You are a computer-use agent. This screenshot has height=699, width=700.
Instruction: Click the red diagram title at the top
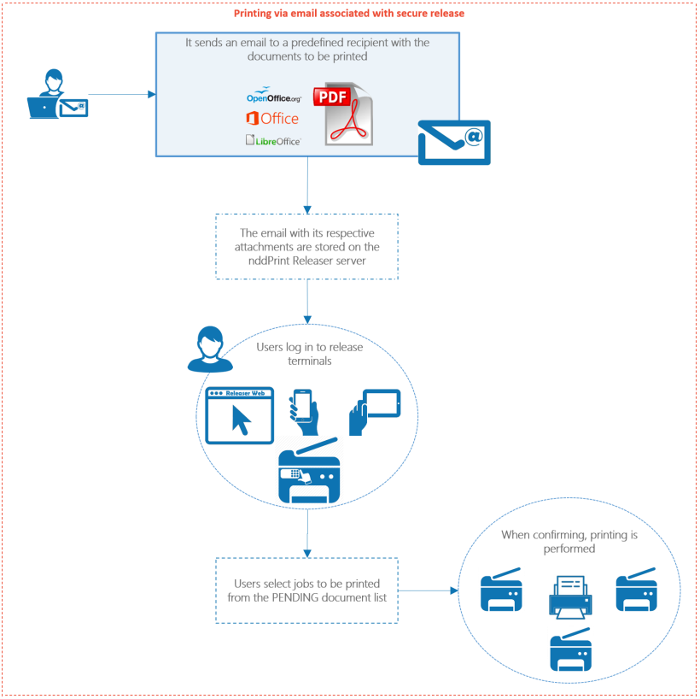pyautogui.click(x=349, y=14)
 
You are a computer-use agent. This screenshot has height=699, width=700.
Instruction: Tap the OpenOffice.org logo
pyautogui.click(x=273, y=97)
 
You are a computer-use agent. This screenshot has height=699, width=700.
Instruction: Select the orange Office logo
pyautogui.click(x=272, y=119)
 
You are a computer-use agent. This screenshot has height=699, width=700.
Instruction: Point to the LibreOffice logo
pyautogui.click(x=273, y=140)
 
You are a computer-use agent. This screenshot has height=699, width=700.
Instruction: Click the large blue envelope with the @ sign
pyautogui.click(x=453, y=142)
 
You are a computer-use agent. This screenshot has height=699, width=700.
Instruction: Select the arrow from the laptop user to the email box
pyautogui.click(x=120, y=95)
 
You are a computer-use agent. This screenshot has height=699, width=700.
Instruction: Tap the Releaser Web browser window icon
pyautogui.click(x=240, y=415)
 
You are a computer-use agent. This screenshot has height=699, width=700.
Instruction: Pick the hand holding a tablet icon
pyautogui.click(x=374, y=411)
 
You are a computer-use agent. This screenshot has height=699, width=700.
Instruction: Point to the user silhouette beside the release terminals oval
pyautogui.click(x=210, y=349)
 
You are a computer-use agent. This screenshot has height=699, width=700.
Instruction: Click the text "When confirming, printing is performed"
pyautogui.click(x=569, y=542)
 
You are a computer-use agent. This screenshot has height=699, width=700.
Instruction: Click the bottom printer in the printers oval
pyautogui.click(x=570, y=649)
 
